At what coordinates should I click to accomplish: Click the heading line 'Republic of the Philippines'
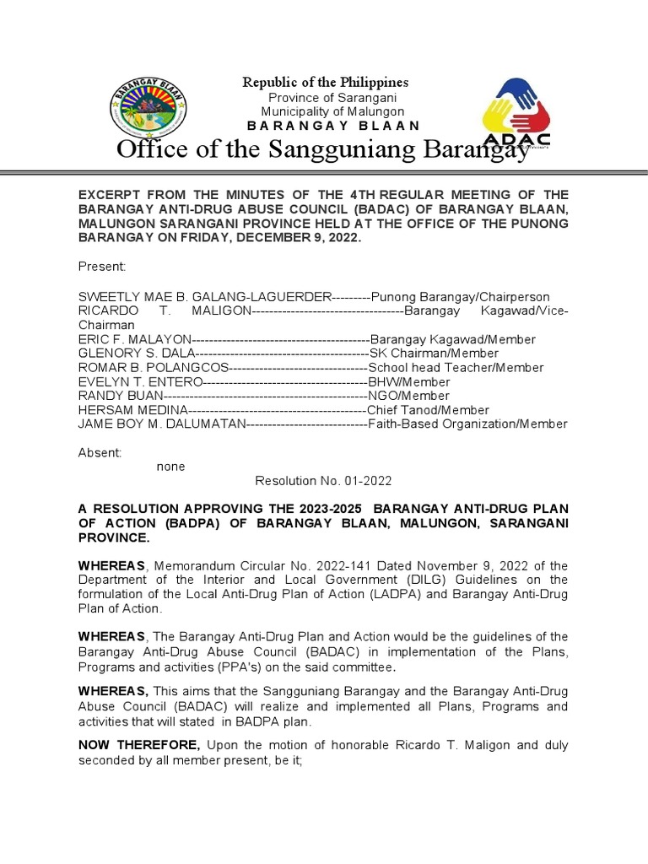click(326, 82)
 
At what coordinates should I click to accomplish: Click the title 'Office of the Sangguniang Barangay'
click(323, 150)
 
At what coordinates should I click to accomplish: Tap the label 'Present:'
click(102, 267)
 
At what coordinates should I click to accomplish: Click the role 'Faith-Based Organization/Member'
click(468, 424)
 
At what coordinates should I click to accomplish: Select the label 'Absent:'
click(100, 452)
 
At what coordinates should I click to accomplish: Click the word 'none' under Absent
click(170, 467)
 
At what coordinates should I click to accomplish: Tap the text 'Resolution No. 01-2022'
click(324, 481)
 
